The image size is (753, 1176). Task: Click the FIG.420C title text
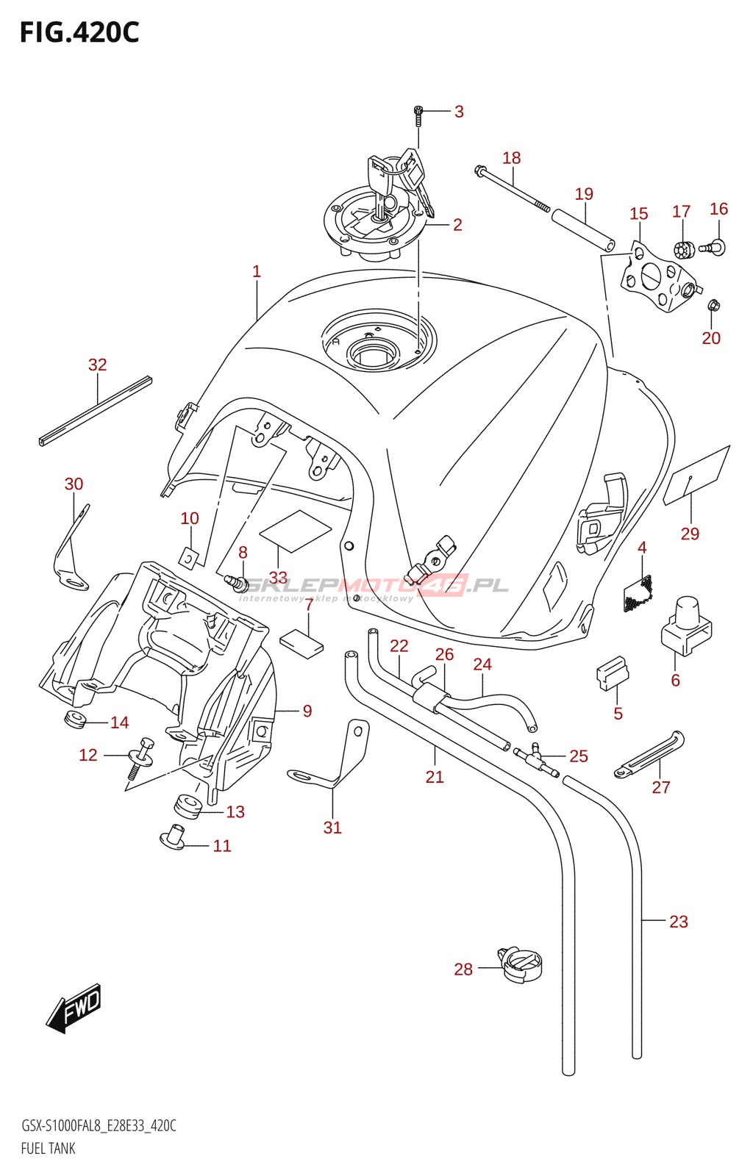pyautogui.click(x=79, y=33)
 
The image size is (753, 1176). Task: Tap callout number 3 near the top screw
pyautogui.click(x=459, y=112)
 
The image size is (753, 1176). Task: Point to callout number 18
pyautogui.click(x=511, y=158)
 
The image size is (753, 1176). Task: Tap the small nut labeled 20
pyautogui.click(x=713, y=305)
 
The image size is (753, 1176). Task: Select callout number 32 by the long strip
pyautogui.click(x=98, y=365)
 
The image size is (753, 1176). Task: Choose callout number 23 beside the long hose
pyautogui.click(x=678, y=922)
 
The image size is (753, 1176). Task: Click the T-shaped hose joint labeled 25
pyautogui.click(x=538, y=758)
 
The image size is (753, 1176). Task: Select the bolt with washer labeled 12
pyautogui.click(x=140, y=757)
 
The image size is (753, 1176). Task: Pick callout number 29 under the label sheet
pyautogui.click(x=690, y=534)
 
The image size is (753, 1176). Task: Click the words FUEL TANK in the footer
pyautogui.click(x=49, y=1148)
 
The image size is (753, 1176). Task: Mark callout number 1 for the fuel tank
pyautogui.click(x=257, y=271)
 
